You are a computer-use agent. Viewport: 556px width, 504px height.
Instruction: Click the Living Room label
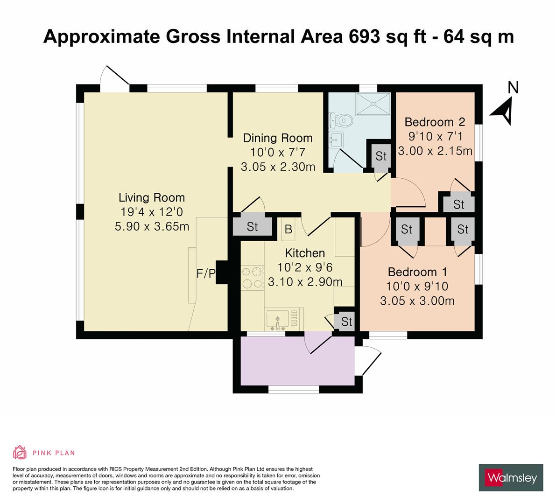click(151, 197)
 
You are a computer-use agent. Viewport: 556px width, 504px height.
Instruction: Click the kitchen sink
click(278, 319)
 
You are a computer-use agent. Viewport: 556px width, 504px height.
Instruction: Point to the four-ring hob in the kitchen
click(252, 278)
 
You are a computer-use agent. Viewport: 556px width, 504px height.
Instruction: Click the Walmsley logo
click(511, 477)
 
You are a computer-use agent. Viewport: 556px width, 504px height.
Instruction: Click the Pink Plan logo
click(44, 452)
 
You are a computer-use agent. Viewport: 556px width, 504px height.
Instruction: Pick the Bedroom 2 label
click(435, 122)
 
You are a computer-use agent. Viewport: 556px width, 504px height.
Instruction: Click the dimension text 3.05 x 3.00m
click(417, 301)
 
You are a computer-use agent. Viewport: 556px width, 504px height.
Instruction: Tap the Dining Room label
click(278, 138)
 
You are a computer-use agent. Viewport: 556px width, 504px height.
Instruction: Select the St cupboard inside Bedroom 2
click(458, 204)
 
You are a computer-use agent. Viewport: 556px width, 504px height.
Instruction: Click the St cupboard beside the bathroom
click(381, 156)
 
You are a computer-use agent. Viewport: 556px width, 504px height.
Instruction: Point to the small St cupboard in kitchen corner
click(346, 322)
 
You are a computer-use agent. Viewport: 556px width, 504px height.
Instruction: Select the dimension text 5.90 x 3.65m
click(152, 226)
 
